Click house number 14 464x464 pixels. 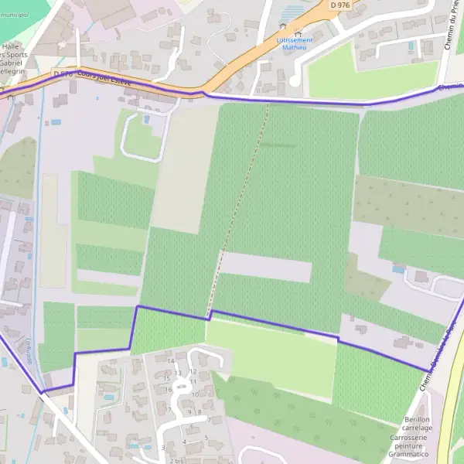[x=171, y=360]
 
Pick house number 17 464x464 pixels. [x=168, y=409]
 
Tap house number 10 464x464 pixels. [x=194, y=394]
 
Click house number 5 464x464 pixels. [x=206, y=437]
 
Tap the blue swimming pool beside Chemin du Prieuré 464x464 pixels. [x=410, y=46]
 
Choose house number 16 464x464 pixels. [x=165, y=387]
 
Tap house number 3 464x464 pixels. [x=162, y=447]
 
